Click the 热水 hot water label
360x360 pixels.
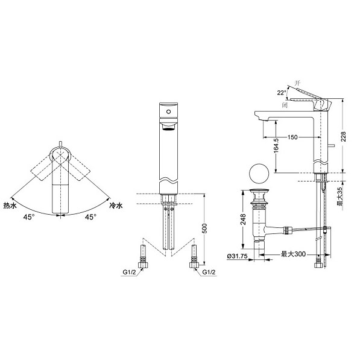click(10, 206)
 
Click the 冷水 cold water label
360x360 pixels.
click(116, 206)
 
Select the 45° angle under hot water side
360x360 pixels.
click(29, 217)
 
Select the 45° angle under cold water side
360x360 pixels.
click(90, 217)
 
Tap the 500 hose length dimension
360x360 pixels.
click(204, 228)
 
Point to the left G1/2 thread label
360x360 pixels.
click(130, 273)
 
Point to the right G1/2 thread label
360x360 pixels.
click(209, 273)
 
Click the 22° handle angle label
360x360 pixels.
click(282, 93)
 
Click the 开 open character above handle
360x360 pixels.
click(297, 83)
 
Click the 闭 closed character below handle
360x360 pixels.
click(285, 106)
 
